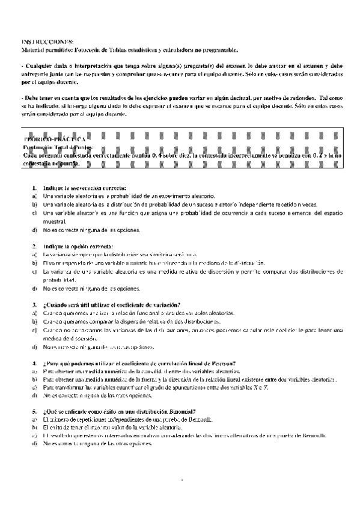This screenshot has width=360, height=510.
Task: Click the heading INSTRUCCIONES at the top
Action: (x=47, y=41)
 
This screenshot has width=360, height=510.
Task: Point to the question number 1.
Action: (x=34, y=188)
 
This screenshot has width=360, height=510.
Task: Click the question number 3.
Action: (x=34, y=305)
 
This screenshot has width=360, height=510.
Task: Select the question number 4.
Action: (x=34, y=363)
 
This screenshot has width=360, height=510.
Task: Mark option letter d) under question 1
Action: (x=34, y=230)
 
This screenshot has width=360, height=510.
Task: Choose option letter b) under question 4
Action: (x=34, y=380)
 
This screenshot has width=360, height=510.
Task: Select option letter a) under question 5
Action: (x=34, y=419)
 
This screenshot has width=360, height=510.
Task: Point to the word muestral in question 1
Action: (x=55, y=221)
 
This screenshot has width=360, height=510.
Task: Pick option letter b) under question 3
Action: (x=34, y=322)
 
